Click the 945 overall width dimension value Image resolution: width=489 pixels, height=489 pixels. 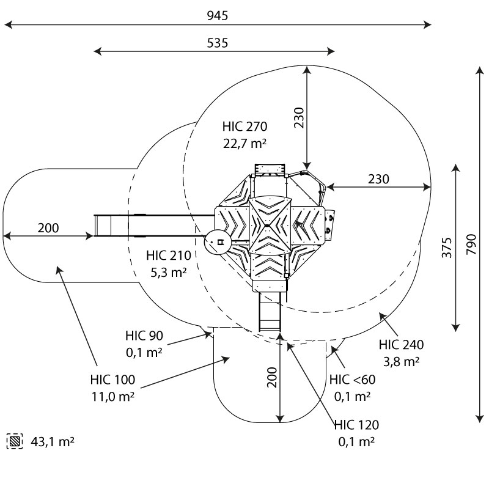(218, 16)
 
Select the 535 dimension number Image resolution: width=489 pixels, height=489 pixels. (218, 43)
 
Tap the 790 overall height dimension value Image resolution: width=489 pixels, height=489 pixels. (471, 244)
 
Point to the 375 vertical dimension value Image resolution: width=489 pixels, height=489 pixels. (447, 248)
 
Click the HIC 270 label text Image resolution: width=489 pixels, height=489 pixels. (245, 127)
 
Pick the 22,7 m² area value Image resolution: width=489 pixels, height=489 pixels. (245, 144)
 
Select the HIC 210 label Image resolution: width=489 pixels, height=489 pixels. (169, 256)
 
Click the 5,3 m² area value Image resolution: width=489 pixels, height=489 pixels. (169, 272)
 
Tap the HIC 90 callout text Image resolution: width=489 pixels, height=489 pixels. (144, 336)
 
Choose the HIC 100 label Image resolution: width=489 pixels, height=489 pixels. (112, 380)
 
